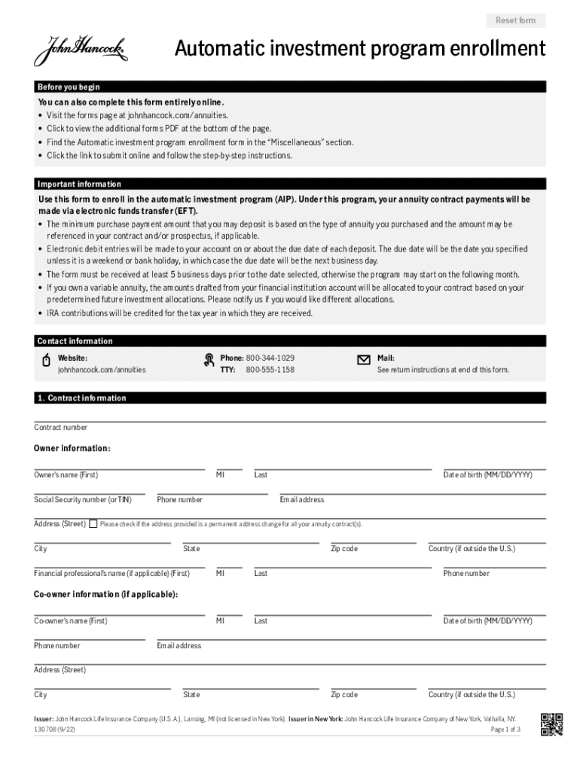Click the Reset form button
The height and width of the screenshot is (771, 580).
click(x=515, y=20)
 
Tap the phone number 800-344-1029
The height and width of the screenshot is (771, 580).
click(x=270, y=358)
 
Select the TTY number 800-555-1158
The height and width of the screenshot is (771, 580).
click(x=270, y=370)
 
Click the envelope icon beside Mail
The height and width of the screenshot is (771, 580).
click(x=363, y=360)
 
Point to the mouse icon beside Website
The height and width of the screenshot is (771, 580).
click(x=45, y=361)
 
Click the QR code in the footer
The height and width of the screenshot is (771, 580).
click(x=551, y=724)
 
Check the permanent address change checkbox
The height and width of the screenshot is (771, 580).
click(x=93, y=524)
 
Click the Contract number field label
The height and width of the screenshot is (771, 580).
click(x=60, y=428)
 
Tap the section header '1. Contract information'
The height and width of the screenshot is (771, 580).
click(x=81, y=398)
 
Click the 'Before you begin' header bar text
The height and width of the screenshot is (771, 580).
click(x=69, y=87)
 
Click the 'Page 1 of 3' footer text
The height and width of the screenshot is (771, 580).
click(x=505, y=730)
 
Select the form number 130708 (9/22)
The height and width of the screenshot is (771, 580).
click(x=54, y=730)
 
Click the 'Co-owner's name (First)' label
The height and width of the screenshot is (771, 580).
click(x=71, y=621)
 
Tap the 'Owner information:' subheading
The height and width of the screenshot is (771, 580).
click(x=72, y=449)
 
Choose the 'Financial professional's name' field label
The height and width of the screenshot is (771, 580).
click(x=111, y=574)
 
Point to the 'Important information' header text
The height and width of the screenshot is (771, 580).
click(x=79, y=184)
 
